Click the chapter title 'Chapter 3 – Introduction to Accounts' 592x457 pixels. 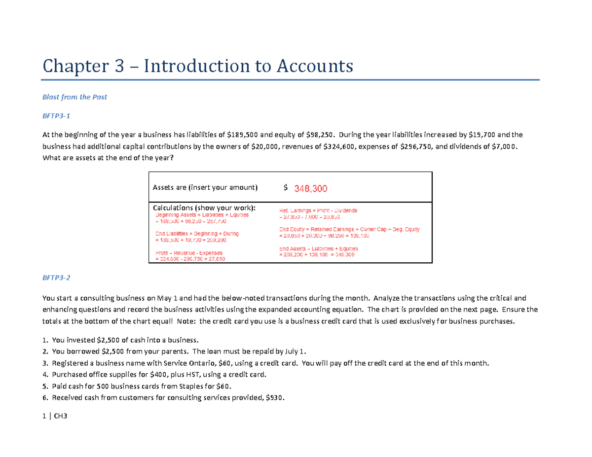198,66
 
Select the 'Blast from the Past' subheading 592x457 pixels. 74,97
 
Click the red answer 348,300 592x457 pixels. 310,188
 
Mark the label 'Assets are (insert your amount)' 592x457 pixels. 205,187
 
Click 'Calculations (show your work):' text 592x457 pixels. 204,208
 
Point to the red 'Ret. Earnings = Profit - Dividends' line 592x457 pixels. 318,211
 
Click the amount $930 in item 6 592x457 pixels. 276,398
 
